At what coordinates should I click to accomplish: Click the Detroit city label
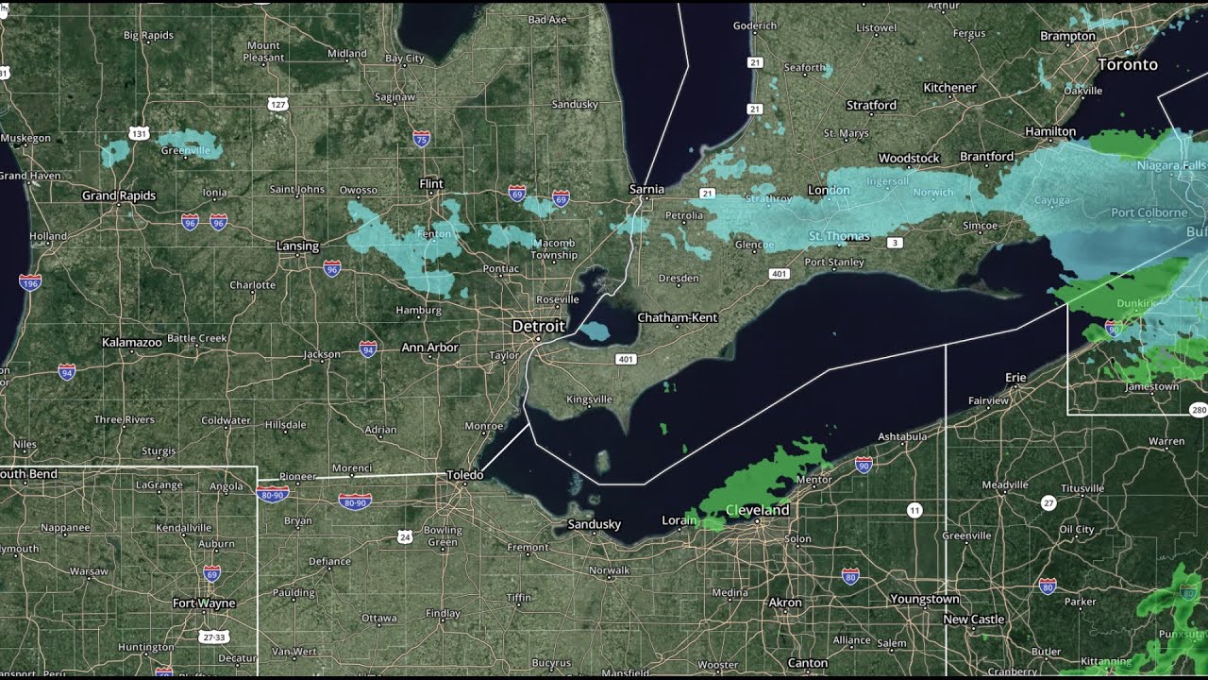pyautogui.click(x=538, y=326)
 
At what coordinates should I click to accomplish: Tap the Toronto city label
pyautogui.click(x=1127, y=64)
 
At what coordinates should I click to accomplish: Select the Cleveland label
pyautogui.click(x=757, y=510)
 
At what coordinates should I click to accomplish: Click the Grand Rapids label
pyautogui.click(x=119, y=195)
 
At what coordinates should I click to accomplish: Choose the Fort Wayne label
pyautogui.click(x=204, y=603)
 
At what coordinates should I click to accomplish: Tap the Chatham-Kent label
pyautogui.click(x=678, y=317)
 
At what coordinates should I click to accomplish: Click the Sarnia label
pyautogui.click(x=646, y=189)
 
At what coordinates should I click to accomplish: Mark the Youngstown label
pyautogui.click(x=924, y=599)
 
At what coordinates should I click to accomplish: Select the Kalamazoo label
pyautogui.click(x=132, y=342)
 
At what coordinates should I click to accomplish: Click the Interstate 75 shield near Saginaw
pyautogui.click(x=422, y=139)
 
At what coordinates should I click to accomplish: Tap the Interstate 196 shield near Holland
pyautogui.click(x=30, y=281)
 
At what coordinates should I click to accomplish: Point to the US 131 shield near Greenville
pyautogui.click(x=140, y=134)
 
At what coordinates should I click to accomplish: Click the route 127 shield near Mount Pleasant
pyautogui.click(x=277, y=103)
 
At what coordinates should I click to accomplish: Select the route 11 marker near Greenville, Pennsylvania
pyautogui.click(x=914, y=511)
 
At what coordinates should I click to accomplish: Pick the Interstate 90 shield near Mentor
pyautogui.click(x=863, y=464)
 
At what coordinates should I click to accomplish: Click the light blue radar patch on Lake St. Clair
pyautogui.click(x=594, y=331)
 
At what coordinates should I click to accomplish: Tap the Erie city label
pyautogui.click(x=1015, y=378)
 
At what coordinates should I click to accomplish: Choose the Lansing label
pyautogui.click(x=297, y=246)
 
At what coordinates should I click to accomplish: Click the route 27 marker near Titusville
pyautogui.click(x=1048, y=502)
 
